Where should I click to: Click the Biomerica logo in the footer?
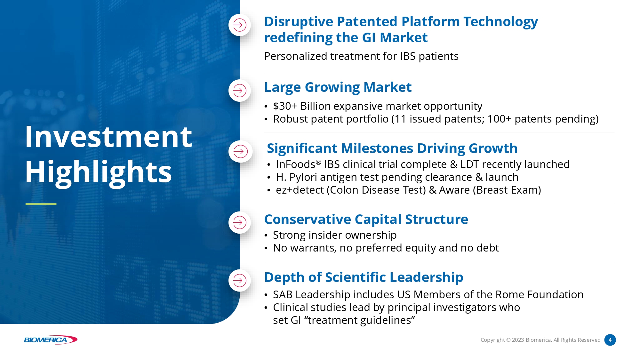click(x=51, y=340)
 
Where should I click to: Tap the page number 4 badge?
click(x=610, y=340)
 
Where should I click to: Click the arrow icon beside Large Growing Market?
click(x=240, y=91)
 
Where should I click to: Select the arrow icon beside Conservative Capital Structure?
click(x=240, y=222)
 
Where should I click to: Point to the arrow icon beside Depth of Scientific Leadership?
click(x=240, y=281)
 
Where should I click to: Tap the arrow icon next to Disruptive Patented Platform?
click(x=240, y=25)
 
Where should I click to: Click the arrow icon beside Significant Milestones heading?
click(x=240, y=151)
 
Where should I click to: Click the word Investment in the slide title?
click(x=108, y=137)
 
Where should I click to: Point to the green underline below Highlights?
click(x=41, y=204)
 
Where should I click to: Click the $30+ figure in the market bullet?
click(x=285, y=106)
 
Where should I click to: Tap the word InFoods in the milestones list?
click(x=296, y=164)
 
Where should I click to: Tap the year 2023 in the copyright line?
click(x=518, y=340)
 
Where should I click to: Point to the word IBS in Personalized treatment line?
click(x=408, y=56)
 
